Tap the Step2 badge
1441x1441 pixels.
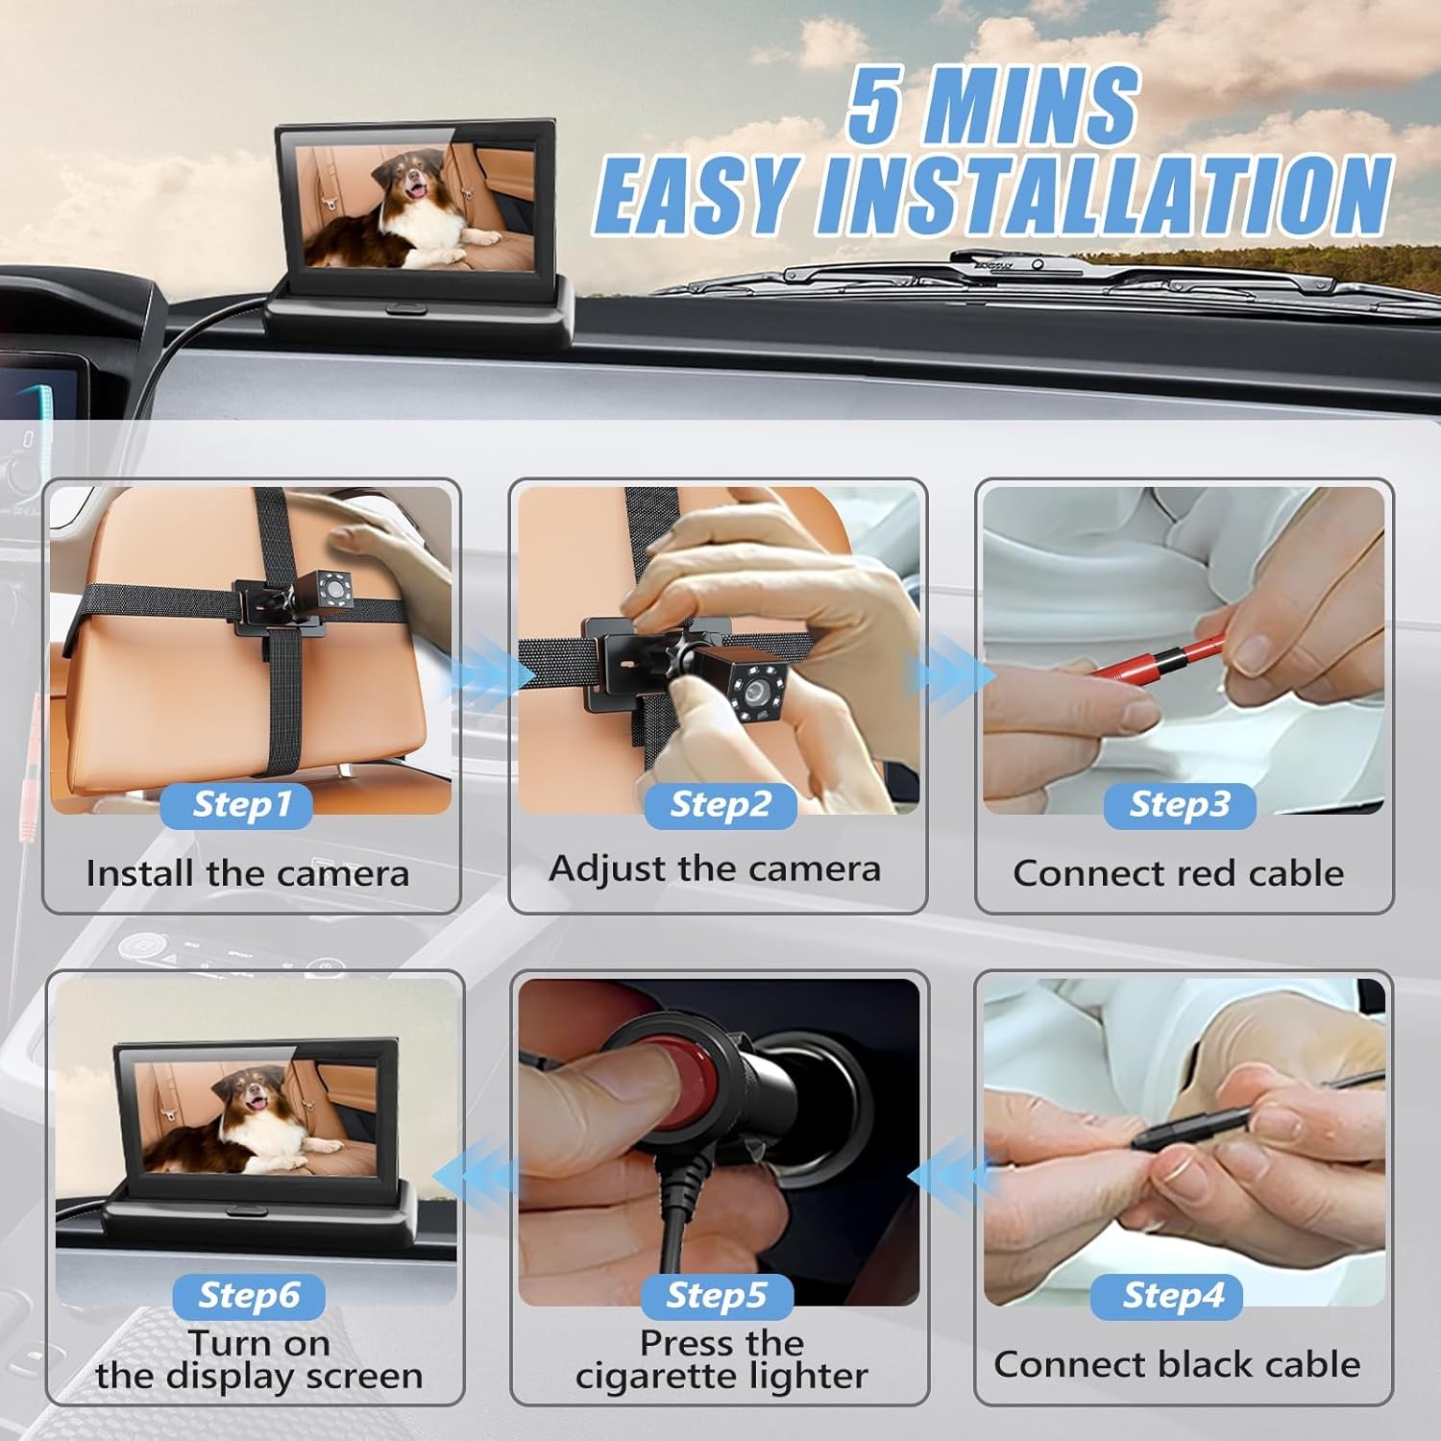pos(720,805)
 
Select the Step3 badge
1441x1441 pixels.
pos(1180,805)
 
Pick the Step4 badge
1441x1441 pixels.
pos(1173,1296)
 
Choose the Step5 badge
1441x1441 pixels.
pos(717,1296)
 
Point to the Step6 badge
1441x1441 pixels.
pos(249,1296)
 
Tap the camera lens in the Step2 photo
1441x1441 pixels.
pos(756,690)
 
